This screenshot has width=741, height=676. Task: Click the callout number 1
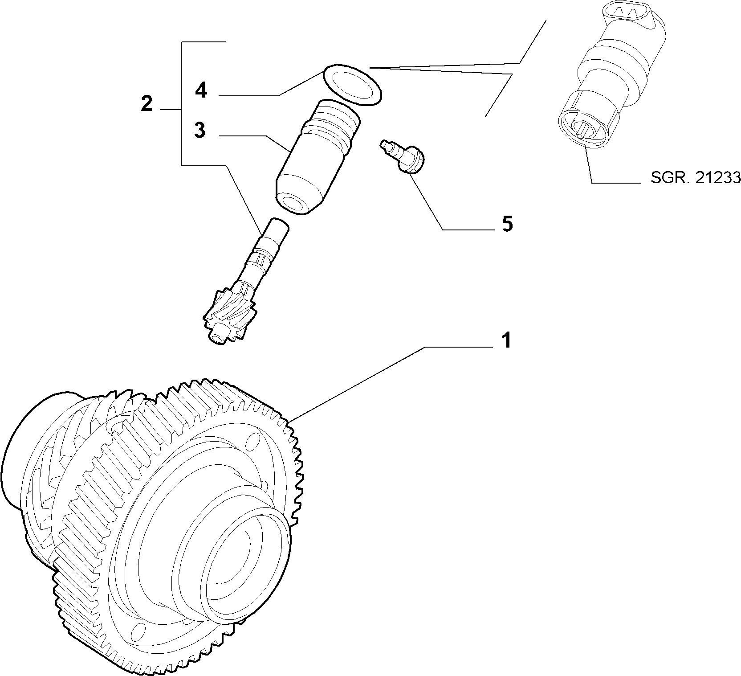pyautogui.click(x=506, y=340)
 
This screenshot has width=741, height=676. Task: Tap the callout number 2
pyautogui.click(x=147, y=103)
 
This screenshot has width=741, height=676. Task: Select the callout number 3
pyautogui.click(x=200, y=130)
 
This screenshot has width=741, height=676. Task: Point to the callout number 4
pyautogui.click(x=201, y=90)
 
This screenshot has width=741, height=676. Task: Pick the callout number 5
pyautogui.click(x=507, y=224)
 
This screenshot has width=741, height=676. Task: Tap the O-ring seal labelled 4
pyautogui.click(x=352, y=86)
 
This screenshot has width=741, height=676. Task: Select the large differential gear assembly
pyautogui.click(x=151, y=521)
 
